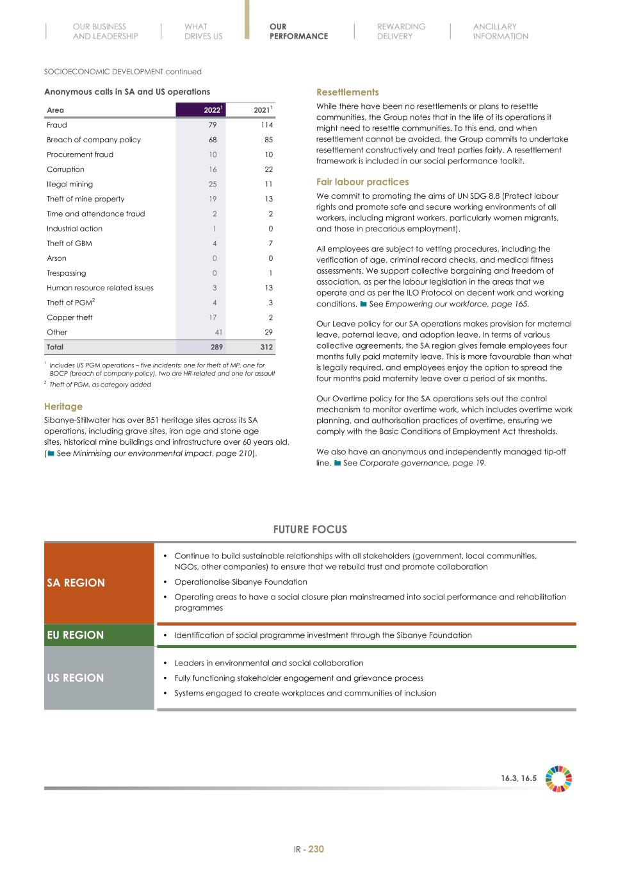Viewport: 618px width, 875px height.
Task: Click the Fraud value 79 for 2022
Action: click(x=213, y=125)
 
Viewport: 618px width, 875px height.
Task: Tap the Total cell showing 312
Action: click(x=265, y=347)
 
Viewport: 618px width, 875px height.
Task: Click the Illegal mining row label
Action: click(x=70, y=184)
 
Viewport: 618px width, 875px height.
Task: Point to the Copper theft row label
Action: click(x=70, y=317)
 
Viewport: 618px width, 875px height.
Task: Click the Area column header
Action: click(x=55, y=110)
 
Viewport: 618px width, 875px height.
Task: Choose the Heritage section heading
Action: click(x=63, y=406)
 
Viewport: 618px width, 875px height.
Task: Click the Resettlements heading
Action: click(x=347, y=92)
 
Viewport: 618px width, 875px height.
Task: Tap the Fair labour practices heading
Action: click(x=362, y=182)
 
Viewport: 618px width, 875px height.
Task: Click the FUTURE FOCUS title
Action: click(x=310, y=529)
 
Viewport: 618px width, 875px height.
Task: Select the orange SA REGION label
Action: click(x=76, y=583)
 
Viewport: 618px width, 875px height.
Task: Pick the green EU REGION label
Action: click(x=75, y=635)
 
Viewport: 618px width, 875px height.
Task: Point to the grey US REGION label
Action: click(x=75, y=678)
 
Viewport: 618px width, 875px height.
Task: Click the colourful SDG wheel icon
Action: click(x=558, y=779)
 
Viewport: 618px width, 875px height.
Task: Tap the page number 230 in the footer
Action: click(x=316, y=849)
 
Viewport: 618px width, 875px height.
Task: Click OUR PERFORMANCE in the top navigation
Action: click(x=298, y=31)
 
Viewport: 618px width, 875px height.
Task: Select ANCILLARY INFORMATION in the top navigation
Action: click(x=500, y=31)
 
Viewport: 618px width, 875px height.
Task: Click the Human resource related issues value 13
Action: click(x=268, y=288)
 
